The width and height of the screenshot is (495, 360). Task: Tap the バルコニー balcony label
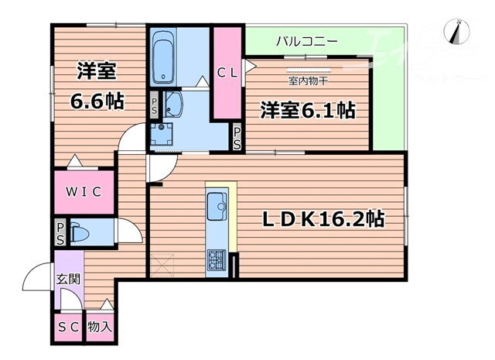point(306,40)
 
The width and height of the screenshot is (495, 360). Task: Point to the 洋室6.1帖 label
point(307,111)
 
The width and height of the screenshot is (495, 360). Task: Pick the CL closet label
point(227,74)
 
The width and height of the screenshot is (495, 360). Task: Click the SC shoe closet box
point(67,326)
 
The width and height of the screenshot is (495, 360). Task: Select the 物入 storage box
point(100,326)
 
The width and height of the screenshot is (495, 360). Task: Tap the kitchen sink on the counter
point(216,206)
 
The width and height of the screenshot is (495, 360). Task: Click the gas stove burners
point(216,261)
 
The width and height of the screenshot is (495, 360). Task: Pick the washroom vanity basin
point(172,104)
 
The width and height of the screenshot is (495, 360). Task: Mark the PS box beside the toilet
point(60,232)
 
